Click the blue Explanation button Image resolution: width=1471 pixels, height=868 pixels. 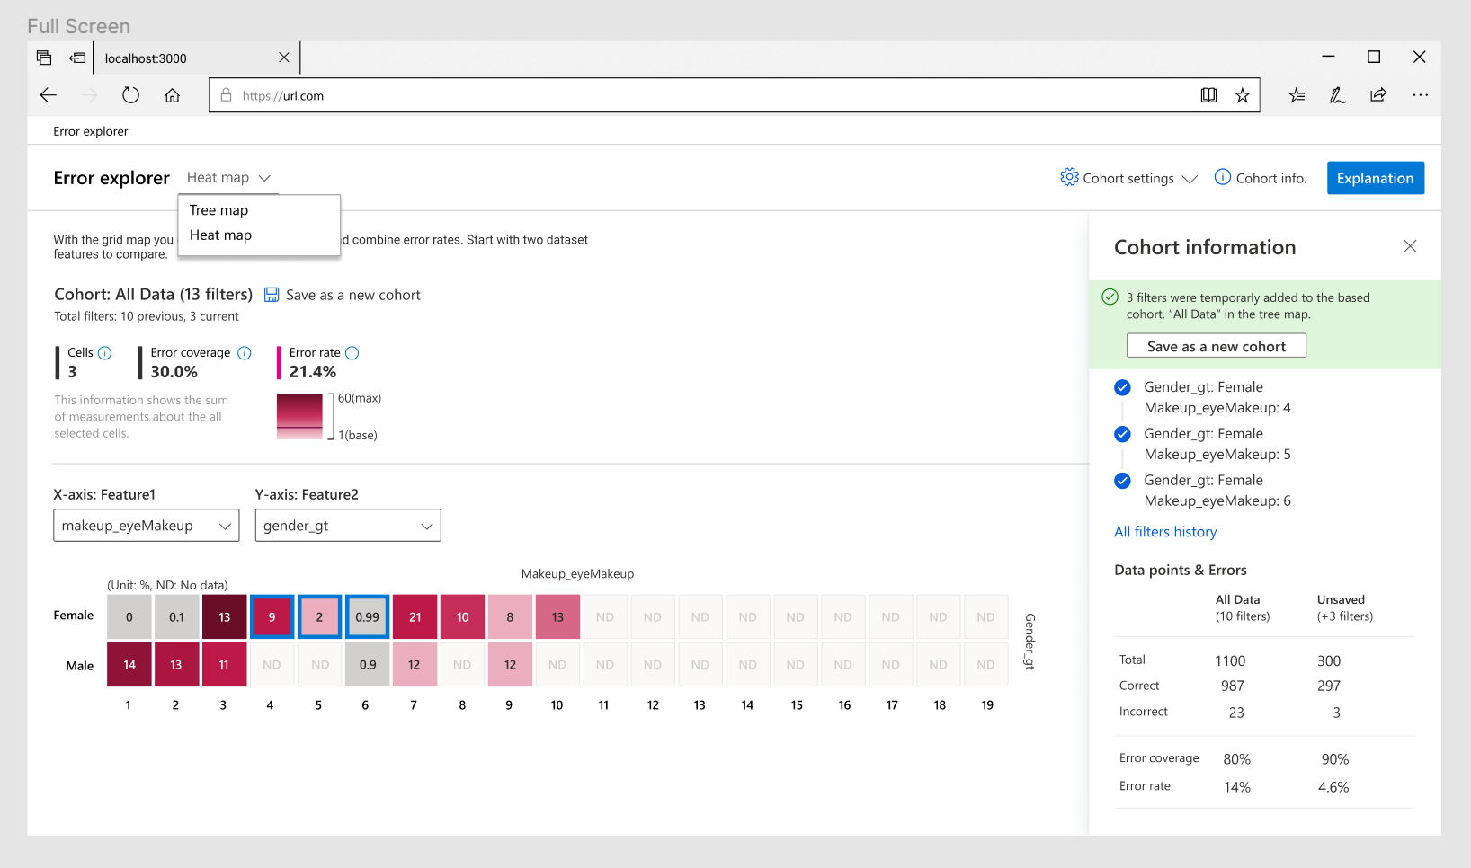pyautogui.click(x=1375, y=178)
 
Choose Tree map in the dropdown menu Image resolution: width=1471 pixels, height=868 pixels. pyautogui.click(x=218, y=210)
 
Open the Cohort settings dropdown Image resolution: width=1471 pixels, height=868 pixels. pyautogui.click(x=1129, y=178)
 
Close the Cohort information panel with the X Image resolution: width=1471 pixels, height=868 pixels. pyautogui.click(x=1410, y=246)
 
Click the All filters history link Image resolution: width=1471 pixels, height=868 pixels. pyautogui.click(x=1165, y=532)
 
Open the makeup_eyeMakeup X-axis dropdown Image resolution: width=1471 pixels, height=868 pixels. pyautogui.click(x=147, y=526)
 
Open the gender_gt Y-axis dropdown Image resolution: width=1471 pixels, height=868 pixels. pyautogui.click(x=348, y=526)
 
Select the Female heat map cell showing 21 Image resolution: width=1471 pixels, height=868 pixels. pyautogui.click(x=415, y=617)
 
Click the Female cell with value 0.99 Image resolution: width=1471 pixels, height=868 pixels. pyautogui.click(x=367, y=617)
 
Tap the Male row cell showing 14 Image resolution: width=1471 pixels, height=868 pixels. pyautogui.click(x=129, y=665)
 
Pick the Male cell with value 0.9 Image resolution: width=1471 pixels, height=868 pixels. pyautogui.click(x=367, y=665)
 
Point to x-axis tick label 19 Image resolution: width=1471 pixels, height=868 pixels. pyautogui.click(x=986, y=705)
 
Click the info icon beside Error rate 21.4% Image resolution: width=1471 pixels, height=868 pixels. pyautogui.click(x=352, y=353)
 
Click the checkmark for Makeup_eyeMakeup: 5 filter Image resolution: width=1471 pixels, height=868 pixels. pyautogui.click(x=1122, y=434)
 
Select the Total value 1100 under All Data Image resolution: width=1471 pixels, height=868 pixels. pyautogui.click(x=1230, y=661)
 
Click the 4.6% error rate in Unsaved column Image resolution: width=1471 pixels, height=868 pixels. pyautogui.click(x=1333, y=787)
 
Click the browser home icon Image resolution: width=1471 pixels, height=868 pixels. pyautogui.click(x=172, y=95)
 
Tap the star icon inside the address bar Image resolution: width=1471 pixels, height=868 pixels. pyautogui.click(x=1242, y=95)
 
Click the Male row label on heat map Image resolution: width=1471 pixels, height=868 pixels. pyautogui.click(x=79, y=666)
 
